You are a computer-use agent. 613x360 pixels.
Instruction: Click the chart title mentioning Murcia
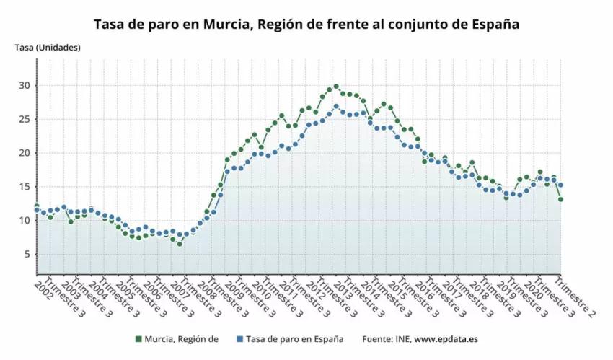point(306,24)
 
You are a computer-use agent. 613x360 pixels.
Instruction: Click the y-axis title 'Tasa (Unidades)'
point(48,48)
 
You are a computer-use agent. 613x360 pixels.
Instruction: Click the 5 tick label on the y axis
point(27,255)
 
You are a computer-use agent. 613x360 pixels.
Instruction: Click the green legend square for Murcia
point(138,338)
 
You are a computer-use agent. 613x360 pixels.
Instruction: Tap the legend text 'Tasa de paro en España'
point(294,338)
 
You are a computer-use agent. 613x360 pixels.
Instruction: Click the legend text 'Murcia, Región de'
point(181,338)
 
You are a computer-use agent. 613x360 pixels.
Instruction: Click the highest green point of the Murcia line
point(336,87)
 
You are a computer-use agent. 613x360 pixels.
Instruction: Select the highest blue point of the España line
point(336,107)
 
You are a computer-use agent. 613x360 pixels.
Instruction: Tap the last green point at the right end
point(560,199)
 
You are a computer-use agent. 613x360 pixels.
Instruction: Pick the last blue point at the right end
point(560,185)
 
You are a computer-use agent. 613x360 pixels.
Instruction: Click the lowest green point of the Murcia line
point(180,244)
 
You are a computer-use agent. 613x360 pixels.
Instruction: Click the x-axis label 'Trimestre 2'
point(578,297)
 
